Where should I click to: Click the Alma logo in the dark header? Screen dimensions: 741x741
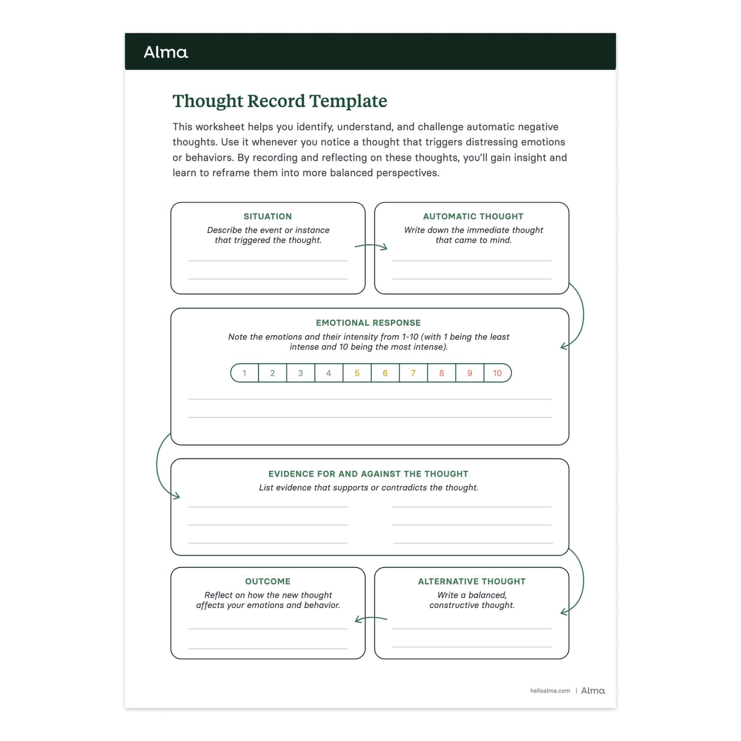[x=166, y=52]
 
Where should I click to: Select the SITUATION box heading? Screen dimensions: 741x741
[x=267, y=217]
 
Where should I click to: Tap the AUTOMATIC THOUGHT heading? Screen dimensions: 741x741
[x=473, y=217]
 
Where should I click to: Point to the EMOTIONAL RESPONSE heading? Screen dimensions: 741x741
[x=368, y=323]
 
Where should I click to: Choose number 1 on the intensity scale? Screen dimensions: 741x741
[x=244, y=373]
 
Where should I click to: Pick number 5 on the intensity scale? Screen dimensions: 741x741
[x=357, y=373]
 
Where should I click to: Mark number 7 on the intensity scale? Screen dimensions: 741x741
[x=413, y=373]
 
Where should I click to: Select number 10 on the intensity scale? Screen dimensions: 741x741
[x=497, y=373]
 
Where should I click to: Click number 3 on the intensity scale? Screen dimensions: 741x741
[x=301, y=373]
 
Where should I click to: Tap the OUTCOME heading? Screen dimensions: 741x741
[x=268, y=581]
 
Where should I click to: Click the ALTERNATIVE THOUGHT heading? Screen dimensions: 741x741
[x=472, y=581]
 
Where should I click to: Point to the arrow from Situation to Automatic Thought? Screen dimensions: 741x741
[x=371, y=246]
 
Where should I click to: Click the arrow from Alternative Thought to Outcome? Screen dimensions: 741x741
[x=370, y=619]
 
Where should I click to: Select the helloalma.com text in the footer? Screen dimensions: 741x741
[x=550, y=691]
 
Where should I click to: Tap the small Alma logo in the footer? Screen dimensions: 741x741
[x=593, y=691]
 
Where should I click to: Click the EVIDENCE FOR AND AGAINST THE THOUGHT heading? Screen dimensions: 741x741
[x=368, y=474]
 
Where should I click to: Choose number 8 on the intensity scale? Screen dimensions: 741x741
[x=442, y=373]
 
